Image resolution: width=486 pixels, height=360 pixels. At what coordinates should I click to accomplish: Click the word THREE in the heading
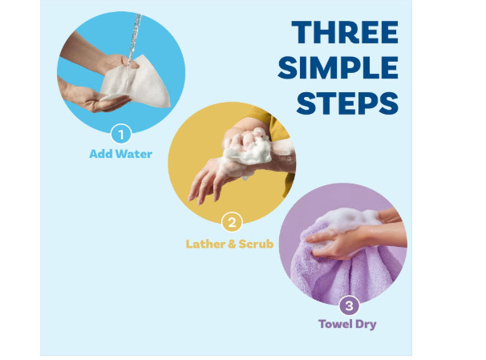[x=345, y=32]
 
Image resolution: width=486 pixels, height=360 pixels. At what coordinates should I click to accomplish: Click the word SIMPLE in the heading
[x=338, y=67]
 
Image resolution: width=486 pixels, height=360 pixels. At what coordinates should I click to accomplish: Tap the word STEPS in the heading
[x=347, y=103]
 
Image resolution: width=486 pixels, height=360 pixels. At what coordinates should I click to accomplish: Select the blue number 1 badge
[x=121, y=134]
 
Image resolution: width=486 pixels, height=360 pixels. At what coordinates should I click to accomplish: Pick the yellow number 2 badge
[x=232, y=222]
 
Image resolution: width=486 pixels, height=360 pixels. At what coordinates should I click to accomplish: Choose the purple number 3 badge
[x=350, y=305]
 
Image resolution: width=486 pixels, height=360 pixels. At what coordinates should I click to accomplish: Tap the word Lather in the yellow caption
[x=205, y=244]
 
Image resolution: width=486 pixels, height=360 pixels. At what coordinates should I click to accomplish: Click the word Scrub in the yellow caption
[x=256, y=244]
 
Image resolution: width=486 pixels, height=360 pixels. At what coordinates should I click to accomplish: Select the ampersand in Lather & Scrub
[x=232, y=244]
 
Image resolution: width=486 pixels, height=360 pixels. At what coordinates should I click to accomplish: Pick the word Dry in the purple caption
[x=366, y=325]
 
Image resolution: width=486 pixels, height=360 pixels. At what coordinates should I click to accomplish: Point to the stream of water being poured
[x=133, y=43]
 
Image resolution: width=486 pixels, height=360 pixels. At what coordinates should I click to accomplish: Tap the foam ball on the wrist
[x=248, y=148]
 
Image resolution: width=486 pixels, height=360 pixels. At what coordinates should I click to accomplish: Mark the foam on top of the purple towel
[x=349, y=220]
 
